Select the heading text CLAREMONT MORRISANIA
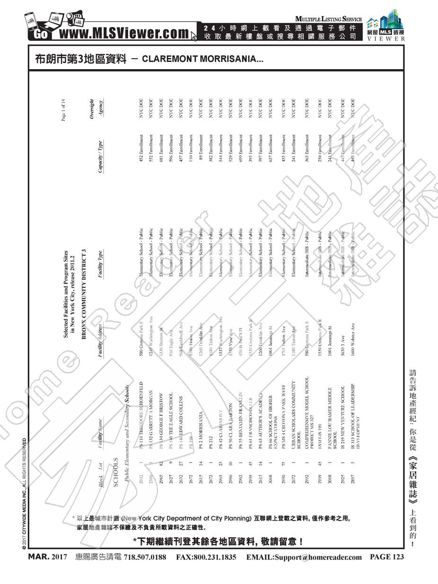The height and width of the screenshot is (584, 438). pos(202,60)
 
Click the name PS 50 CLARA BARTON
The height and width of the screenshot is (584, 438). pos(230,422)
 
